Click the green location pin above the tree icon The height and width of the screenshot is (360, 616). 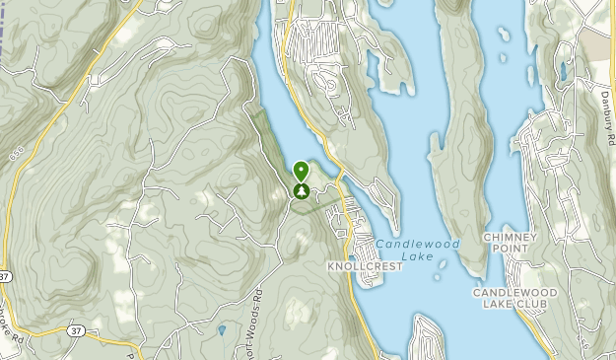(301, 171)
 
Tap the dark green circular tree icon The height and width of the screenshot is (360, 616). (301, 190)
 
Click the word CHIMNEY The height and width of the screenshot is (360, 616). (509, 238)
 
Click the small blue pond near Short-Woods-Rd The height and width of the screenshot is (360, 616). (223, 329)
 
